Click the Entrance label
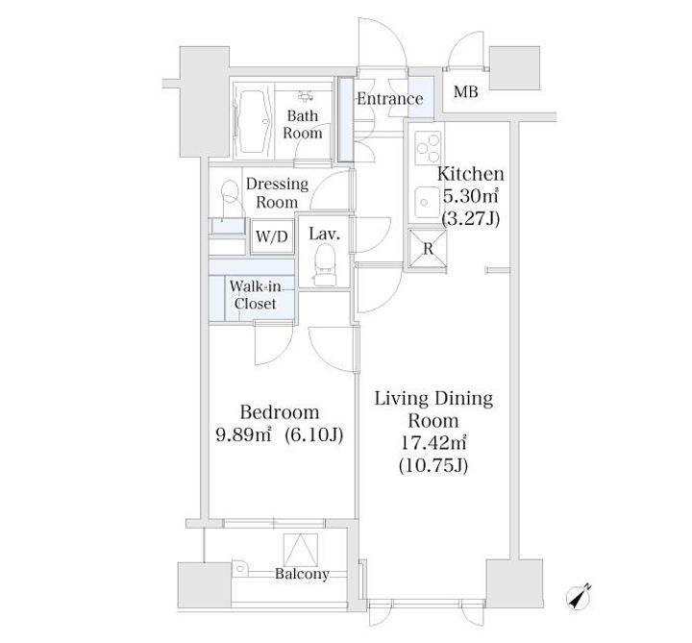[389, 99]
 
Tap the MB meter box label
[466, 92]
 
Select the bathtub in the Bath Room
[253, 120]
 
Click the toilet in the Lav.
[325, 264]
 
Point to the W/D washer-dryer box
[272, 236]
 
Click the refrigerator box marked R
[428, 249]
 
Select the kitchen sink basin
[426, 202]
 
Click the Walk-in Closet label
[255, 295]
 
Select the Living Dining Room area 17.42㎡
[432, 443]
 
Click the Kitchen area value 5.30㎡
[470, 196]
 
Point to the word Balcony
[302, 574]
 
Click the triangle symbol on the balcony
[301, 550]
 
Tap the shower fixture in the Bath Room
[305, 96]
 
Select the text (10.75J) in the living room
[432, 465]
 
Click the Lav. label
[325, 234]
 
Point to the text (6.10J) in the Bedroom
[314, 435]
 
